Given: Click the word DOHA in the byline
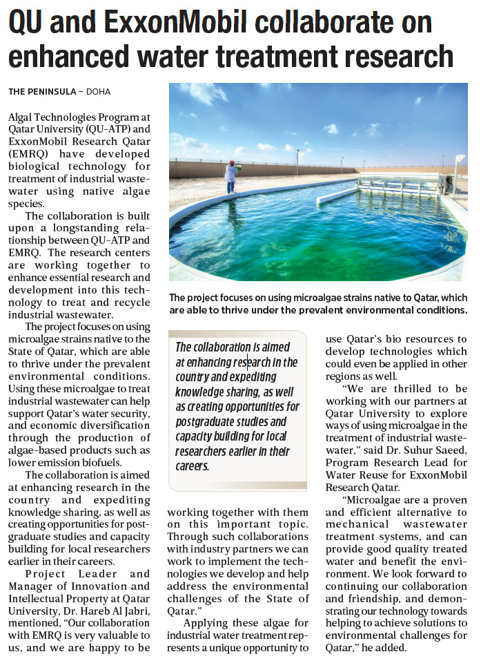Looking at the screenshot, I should [98, 92].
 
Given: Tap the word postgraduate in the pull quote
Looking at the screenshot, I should [207, 421].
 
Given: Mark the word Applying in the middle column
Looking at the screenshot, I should [208, 624].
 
